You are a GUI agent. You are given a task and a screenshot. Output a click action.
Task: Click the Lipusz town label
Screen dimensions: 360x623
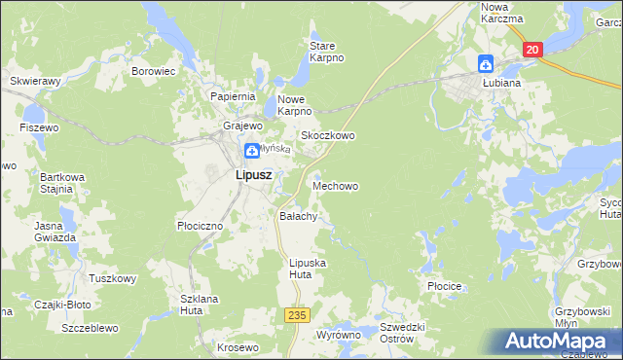point(253,176)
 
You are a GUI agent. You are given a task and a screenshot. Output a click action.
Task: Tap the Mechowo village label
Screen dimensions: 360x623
point(340,185)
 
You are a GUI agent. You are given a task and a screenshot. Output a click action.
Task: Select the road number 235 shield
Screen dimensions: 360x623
point(297,315)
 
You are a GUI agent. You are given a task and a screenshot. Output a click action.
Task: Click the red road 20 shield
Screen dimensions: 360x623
point(531,51)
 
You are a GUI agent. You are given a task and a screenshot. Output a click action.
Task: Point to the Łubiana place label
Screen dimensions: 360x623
point(500,83)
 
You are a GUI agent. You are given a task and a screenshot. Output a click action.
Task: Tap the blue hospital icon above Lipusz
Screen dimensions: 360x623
point(251,150)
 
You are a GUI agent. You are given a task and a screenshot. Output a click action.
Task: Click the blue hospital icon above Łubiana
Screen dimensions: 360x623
point(486,64)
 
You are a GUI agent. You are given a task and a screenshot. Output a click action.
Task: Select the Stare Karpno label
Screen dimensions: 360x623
point(327,52)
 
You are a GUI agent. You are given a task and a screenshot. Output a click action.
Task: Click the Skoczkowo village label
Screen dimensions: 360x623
point(327,136)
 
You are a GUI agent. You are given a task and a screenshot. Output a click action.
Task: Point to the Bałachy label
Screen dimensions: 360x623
point(298,216)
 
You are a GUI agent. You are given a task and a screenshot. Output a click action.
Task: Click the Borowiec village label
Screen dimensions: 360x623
point(153,71)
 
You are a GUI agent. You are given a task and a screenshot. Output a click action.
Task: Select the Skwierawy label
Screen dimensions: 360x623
point(35,82)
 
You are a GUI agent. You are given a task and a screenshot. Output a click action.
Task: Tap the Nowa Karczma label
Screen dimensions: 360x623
point(501,13)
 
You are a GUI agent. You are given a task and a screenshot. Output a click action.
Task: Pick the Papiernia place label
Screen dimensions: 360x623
point(233,97)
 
